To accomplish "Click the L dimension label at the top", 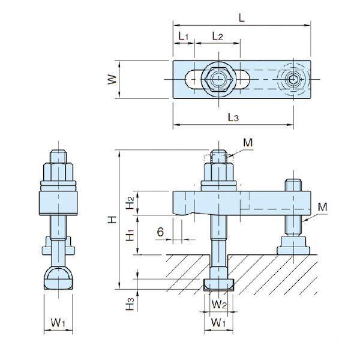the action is click(242, 17).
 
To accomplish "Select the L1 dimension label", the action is click(184, 36).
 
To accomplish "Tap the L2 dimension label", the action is click(217, 36).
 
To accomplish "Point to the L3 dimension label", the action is click(233, 117).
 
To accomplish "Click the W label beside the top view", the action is click(112, 80).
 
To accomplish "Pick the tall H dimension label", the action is click(112, 220).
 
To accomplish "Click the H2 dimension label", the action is click(130, 203).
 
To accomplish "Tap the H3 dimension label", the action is click(130, 304).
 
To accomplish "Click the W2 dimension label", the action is click(219, 304).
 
